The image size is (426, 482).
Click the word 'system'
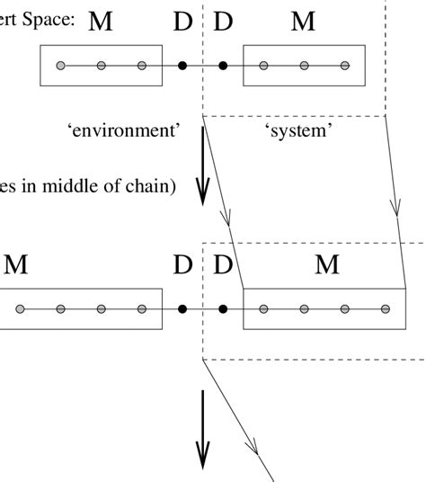tap(299, 131)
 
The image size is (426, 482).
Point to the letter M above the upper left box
tap(101, 21)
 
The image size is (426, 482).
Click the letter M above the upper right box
tap(304, 21)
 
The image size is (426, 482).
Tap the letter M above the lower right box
tap(327, 264)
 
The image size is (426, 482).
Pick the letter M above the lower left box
tap(16, 264)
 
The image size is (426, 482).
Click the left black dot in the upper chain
tap(182, 66)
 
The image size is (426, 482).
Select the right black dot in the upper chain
tap(223, 66)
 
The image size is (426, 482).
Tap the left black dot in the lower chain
tap(182, 309)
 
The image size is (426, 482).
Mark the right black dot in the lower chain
tap(223, 309)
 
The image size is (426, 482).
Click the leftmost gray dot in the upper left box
tap(60, 66)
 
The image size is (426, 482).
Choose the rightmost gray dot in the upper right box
tap(345, 66)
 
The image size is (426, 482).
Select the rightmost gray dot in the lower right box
tap(386, 309)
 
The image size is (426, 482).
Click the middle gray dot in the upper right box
tap(305, 66)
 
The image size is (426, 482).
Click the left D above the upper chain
tap(183, 21)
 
